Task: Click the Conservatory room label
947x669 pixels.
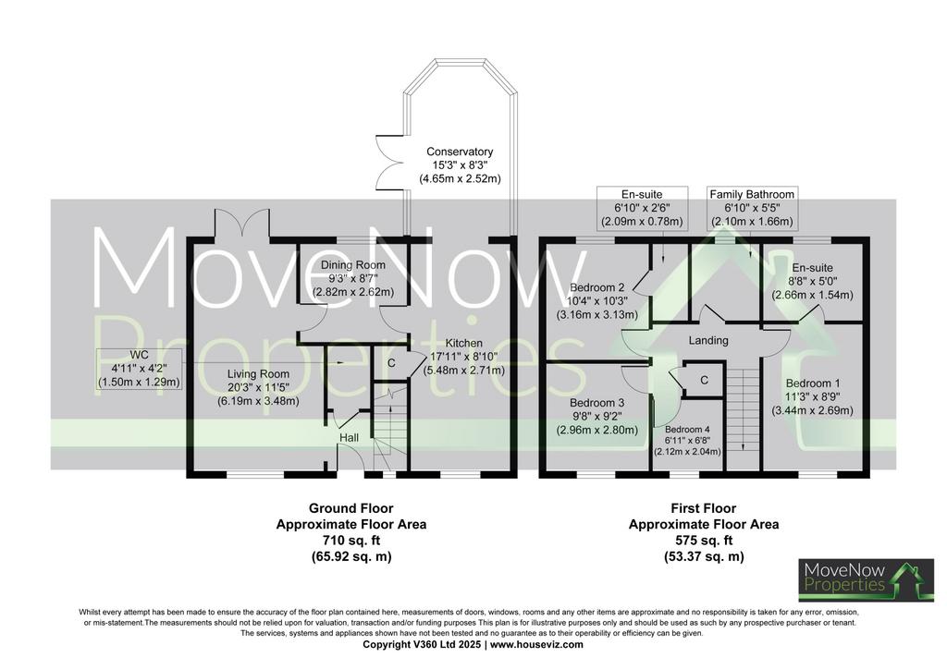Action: [460, 152]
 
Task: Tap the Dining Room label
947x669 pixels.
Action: [352, 265]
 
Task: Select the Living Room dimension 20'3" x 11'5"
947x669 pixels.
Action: [259, 387]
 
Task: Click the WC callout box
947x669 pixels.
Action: [139, 369]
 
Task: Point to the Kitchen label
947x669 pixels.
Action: [464, 343]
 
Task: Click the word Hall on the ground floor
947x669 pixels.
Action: [349, 437]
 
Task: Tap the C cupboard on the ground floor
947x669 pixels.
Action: [391, 363]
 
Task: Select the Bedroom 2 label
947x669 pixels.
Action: [596, 287]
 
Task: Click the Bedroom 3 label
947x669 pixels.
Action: [596, 403]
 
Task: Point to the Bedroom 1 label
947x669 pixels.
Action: [812, 383]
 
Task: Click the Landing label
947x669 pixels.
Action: [708, 341]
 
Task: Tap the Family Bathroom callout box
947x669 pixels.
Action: [752, 208]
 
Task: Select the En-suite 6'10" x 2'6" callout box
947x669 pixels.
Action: [642, 208]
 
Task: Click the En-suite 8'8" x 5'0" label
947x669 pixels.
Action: [812, 268]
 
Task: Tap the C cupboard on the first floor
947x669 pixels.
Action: [704, 380]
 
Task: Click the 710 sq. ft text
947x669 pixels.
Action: [351, 541]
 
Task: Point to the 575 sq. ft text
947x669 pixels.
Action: [704, 541]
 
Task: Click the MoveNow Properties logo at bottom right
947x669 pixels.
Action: [866, 579]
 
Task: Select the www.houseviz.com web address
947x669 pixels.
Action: [536, 644]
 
